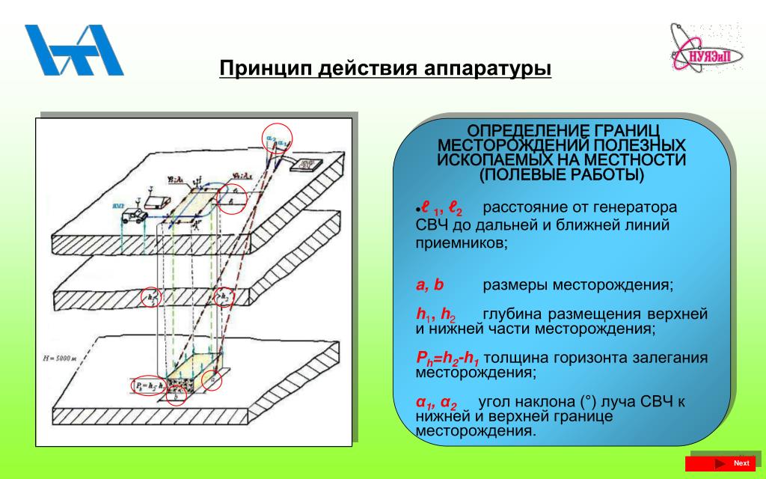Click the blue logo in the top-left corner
[73, 50]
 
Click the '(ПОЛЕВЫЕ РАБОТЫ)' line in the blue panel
[561, 174]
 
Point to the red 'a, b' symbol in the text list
[430, 285]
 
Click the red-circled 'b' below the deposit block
[176, 396]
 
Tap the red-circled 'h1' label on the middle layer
[151, 297]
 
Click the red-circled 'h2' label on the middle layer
[224, 297]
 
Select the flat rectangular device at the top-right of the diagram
[306, 164]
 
